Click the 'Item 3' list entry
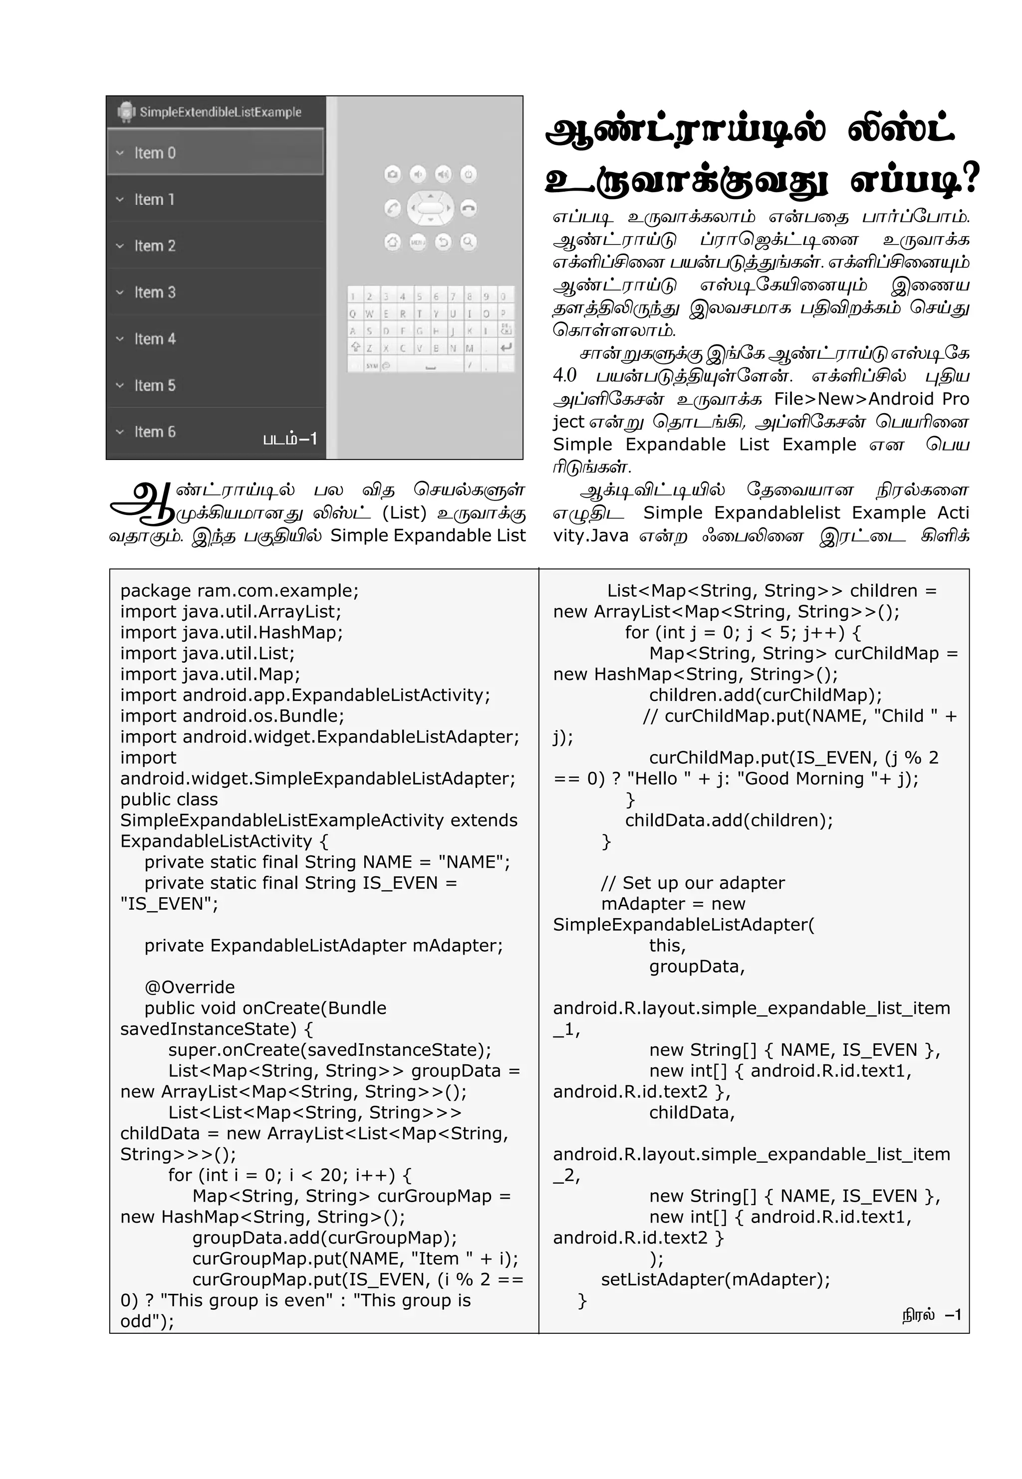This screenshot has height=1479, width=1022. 154,292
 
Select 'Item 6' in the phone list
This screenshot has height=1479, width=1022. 154,432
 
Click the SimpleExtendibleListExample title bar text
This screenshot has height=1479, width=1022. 220,112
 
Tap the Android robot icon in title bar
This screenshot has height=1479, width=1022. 126,112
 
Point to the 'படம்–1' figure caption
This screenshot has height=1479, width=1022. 290,439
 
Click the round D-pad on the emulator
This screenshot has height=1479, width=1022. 430,208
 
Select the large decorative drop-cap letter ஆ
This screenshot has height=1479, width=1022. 142,504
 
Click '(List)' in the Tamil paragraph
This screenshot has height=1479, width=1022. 404,513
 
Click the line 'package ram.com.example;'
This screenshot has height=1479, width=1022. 240,590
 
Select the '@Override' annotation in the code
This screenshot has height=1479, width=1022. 190,986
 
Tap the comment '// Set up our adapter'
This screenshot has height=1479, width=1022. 692,883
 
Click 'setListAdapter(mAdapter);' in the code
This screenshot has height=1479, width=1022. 715,1279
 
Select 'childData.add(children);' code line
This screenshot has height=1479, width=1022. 729,820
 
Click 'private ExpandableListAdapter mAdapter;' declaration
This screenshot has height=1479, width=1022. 323,945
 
